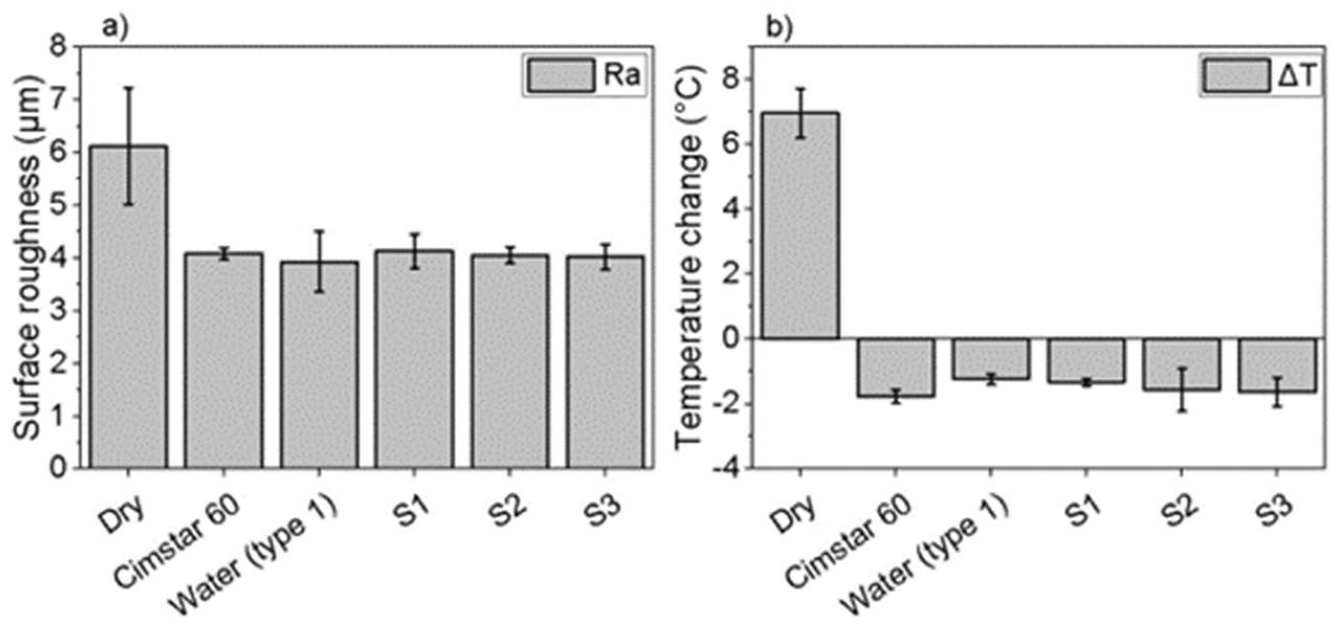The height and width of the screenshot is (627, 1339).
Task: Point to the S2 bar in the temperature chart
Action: tap(1181, 364)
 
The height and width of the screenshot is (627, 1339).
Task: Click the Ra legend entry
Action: tap(584, 75)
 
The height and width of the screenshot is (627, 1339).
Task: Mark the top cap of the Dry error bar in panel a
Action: tap(128, 88)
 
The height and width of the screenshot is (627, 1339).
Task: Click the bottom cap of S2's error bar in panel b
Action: tap(1181, 411)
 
